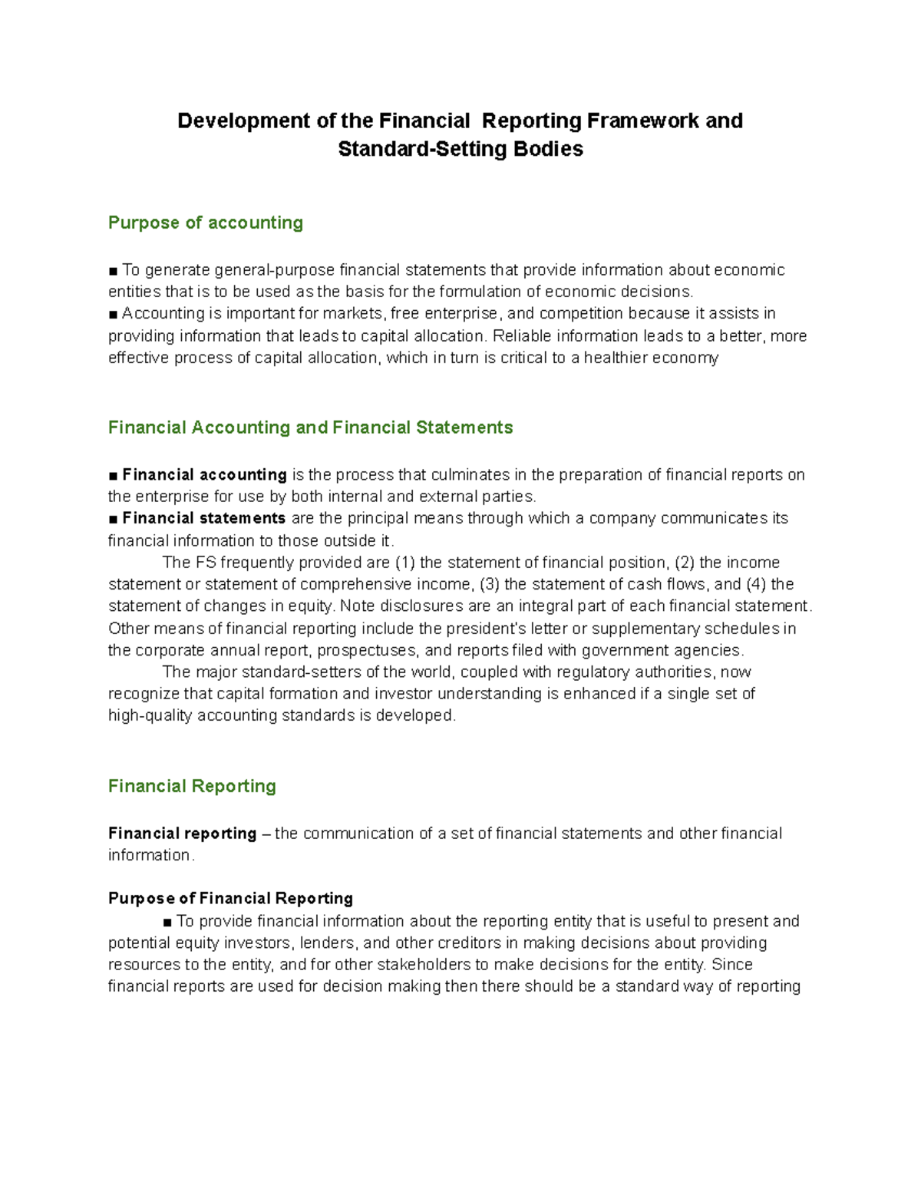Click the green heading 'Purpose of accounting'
[205, 223]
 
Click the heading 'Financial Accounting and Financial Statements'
[310, 428]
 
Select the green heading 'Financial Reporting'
[192, 786]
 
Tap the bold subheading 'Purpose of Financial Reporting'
[230, 899]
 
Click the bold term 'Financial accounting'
[204, 475]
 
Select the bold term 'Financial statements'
[203, 518]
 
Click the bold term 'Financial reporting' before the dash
[183, 834]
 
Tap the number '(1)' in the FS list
[404, 563]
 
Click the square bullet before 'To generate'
[114, 271]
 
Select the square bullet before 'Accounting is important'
[114, 314]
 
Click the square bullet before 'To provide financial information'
[168, 922]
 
